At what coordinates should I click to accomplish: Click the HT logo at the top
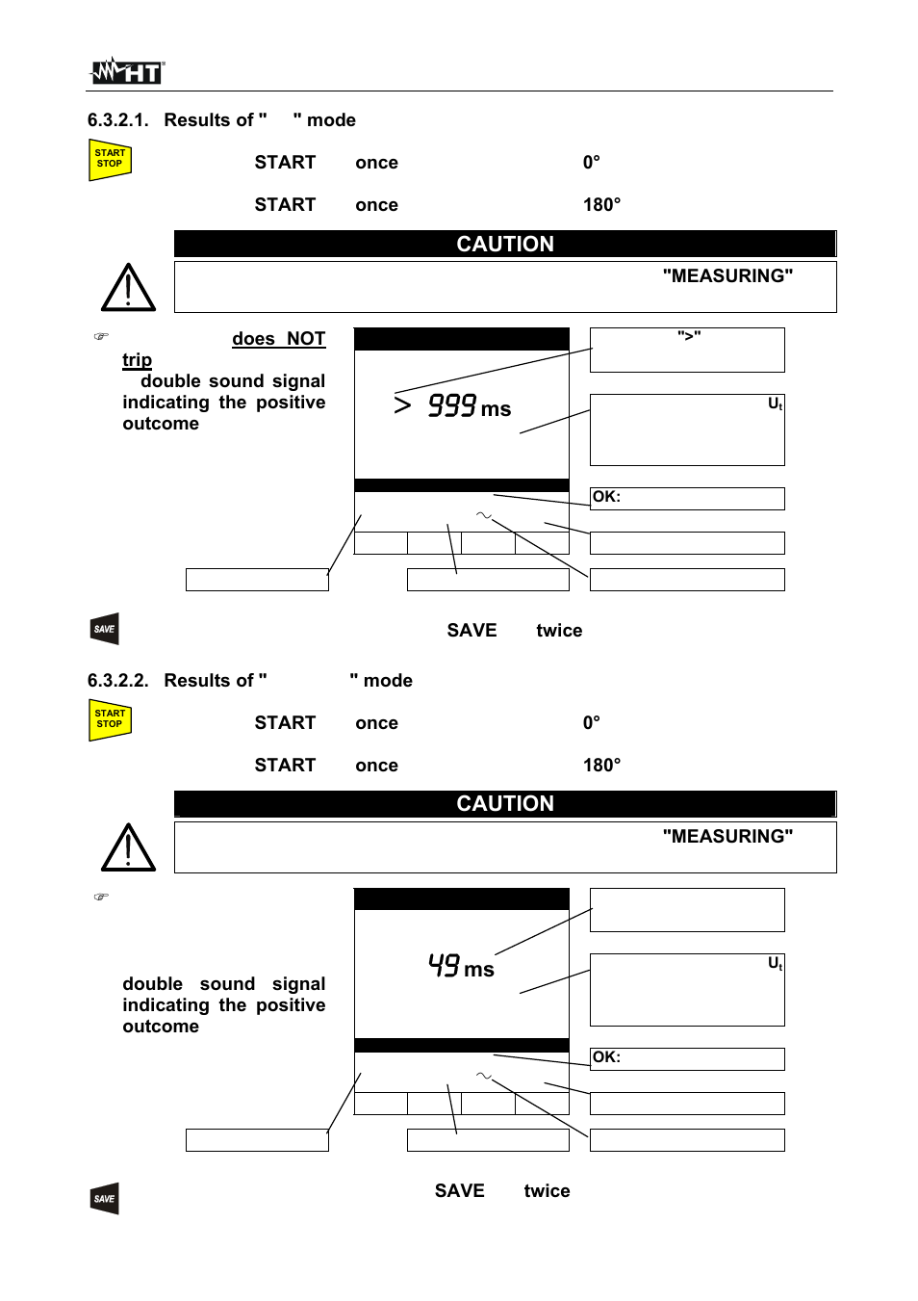128,71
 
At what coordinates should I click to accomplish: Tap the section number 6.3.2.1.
117,120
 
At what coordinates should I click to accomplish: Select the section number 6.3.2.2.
117,681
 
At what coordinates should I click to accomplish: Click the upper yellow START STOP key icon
110,160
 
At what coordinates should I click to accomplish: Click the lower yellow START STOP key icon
110,720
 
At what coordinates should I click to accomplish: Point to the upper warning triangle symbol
128,288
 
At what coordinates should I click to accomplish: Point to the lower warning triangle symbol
128,848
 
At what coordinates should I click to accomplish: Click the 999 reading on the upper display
452,405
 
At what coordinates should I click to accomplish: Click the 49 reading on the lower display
444,965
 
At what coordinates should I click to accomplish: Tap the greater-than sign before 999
403,405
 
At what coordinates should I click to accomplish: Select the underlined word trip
137,360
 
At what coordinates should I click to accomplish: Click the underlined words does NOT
278,339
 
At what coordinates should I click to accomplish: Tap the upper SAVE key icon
105,629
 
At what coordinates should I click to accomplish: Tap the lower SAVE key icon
105,1199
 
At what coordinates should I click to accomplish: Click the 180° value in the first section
601,205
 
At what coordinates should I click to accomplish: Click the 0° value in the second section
591,723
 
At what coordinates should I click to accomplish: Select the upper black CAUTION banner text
505,245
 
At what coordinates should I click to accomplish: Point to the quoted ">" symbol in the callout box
689,336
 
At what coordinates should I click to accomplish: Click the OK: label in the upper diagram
606,497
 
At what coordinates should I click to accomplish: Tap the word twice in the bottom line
547,1191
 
